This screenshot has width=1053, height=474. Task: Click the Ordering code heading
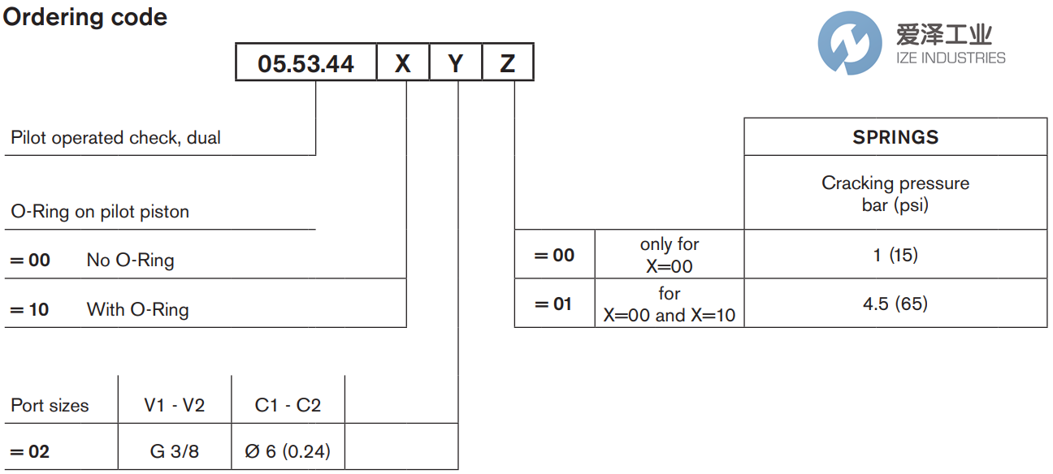coord(85,17)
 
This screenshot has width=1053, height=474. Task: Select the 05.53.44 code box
coord(306,63)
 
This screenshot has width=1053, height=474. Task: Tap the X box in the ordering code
coord(403,63)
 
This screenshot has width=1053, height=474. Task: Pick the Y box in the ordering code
coord(456,63)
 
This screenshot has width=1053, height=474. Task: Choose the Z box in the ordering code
coord(508,63)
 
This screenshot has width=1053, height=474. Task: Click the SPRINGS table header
coord(895,137)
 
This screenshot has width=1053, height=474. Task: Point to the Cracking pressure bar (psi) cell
coord(895,194)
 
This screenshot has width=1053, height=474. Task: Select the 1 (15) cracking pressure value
coord(895,255)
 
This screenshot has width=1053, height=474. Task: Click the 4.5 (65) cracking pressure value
coord(895,304)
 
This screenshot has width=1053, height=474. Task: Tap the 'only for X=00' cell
coord(669,255)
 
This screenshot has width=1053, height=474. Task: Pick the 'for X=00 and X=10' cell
coord(669,304)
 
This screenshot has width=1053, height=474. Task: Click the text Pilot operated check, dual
coord(115,138)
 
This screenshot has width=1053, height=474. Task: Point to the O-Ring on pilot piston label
coord(100,212)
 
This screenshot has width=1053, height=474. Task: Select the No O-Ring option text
coord(130,261)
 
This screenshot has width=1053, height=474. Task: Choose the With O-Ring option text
coord(137,309)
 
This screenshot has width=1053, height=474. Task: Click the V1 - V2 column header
coord(175,405)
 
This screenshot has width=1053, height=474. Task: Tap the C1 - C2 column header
coord(288,405)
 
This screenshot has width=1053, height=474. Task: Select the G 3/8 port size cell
coord(175,451)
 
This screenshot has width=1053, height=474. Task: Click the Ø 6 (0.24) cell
coord(288,451)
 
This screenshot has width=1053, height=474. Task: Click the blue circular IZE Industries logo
coord(849,43)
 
